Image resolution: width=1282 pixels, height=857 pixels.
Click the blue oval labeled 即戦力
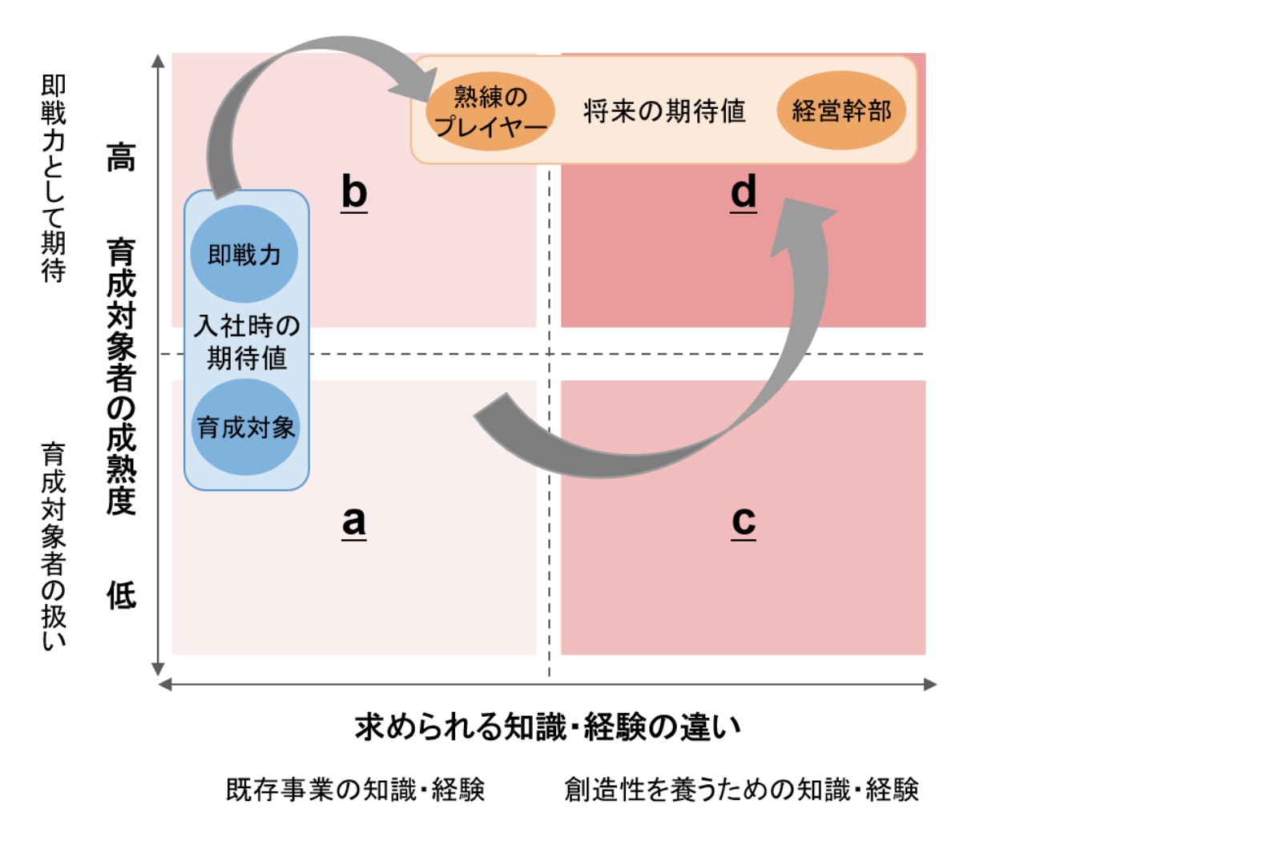click(x=244, y=254)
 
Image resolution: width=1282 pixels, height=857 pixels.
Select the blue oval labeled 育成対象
click(x=246, y=427)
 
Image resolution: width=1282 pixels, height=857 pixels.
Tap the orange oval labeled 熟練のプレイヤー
click(x=490, y=111)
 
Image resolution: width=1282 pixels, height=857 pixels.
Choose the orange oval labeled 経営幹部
click(x=841, y=111)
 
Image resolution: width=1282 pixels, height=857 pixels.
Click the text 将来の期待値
click(x=664, y=111)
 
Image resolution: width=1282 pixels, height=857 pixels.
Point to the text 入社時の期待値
click(x=247, y=341)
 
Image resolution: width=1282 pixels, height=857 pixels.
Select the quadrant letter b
click(x=353, y=192)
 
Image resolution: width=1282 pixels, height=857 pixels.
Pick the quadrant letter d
click(x=744, y=192)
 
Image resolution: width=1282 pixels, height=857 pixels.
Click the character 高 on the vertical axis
click(x=121, y=157)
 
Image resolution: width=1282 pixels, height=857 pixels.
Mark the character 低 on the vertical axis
click(x=121, y=595)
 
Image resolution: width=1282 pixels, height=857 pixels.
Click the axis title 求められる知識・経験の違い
click(x=548, y=727)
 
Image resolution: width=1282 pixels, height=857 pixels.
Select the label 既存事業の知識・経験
click(x=355, y=790)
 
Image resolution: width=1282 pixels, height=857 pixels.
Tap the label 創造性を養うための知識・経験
click(x=741, y=790)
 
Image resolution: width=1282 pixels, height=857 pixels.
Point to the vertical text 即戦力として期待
click(x=54, y=178)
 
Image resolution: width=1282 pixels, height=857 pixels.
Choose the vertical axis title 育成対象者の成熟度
click(x=121, y=376)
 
